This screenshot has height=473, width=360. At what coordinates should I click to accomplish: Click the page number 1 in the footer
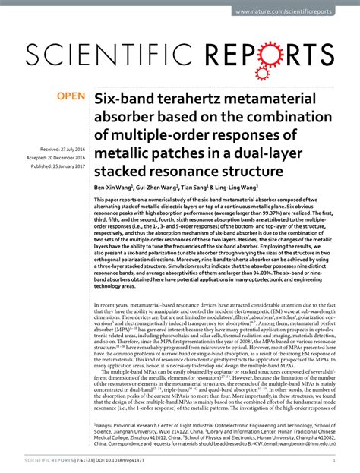pos(335,460)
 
